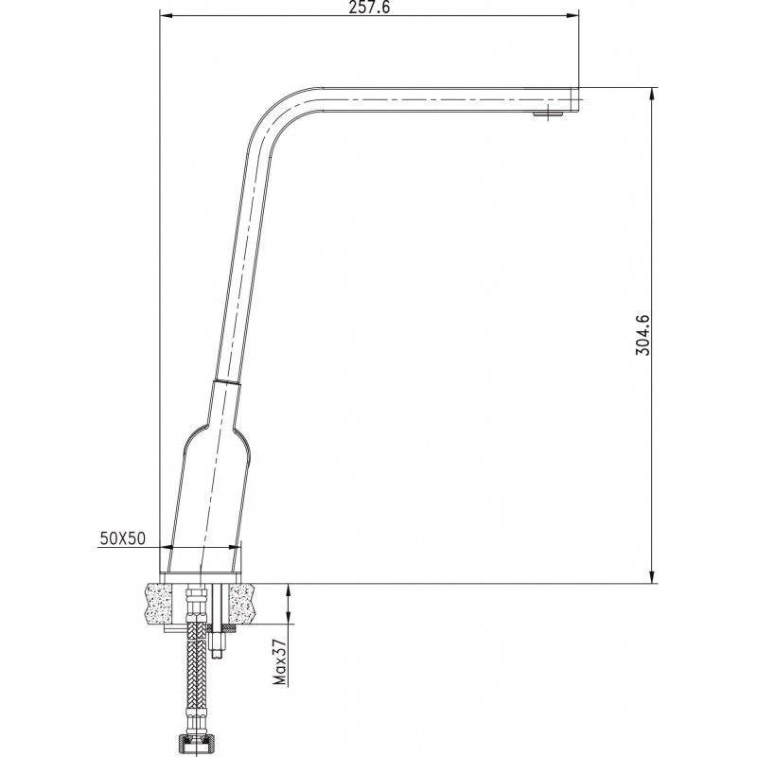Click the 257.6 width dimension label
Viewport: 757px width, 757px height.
(x=369, y=8)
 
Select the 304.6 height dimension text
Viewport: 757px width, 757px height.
(x=644, y=332)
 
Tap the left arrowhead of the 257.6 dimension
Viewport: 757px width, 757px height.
(x=164, y=16)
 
